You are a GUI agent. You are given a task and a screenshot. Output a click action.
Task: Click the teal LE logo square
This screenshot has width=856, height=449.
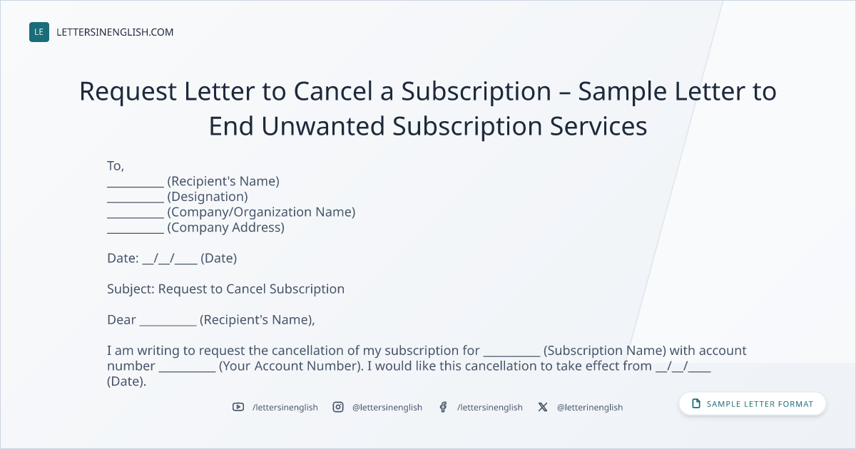(39, 32)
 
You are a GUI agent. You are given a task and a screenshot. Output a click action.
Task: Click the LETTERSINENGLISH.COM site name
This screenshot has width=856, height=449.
(115, 32)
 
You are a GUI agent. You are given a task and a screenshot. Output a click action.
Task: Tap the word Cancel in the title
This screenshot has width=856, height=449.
(333, 91)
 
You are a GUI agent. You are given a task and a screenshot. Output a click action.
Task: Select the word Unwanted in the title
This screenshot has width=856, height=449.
(323, 126)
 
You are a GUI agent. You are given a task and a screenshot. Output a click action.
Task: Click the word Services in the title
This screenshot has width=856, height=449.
(598, 126)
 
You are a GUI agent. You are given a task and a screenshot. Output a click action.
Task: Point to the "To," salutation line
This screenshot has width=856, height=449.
(116, 166)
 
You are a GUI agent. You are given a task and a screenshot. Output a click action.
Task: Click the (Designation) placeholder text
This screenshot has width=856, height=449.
(208, 197)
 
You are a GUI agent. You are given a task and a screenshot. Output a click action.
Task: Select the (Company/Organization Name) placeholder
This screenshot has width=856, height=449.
(261, 212)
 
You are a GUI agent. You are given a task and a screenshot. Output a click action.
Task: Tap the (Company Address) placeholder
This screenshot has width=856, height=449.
(226, 227)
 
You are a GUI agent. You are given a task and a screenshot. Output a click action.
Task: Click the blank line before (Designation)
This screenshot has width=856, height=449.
(136, 202)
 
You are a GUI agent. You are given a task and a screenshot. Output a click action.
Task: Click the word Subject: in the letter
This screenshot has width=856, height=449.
(131, 289)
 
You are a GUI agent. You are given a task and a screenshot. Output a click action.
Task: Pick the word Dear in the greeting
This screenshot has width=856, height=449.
(121, 319)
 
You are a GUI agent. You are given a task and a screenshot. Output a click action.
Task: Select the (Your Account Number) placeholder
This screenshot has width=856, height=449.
(291, 366)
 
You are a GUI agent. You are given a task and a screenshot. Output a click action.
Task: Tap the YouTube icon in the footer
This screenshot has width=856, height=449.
(238, 407)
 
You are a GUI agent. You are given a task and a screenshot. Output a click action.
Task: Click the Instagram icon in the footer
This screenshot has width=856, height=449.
(338, 407)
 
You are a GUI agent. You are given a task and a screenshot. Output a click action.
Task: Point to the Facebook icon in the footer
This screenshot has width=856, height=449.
(443, 407)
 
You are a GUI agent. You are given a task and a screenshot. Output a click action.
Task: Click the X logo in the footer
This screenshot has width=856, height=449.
(543, 407)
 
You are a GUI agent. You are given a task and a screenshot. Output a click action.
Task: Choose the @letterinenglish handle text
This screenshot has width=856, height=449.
(590, 408)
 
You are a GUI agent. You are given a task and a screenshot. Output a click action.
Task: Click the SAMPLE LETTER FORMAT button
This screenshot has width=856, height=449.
(753, 403)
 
